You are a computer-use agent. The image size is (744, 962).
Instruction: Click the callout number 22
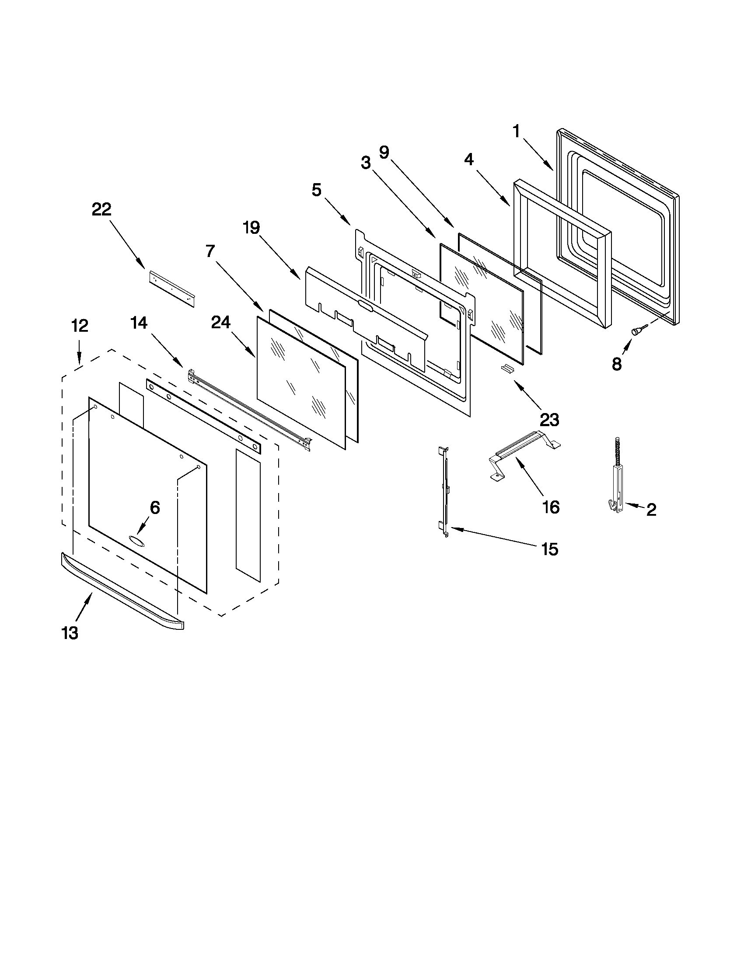pyautogui.click(x=101, y=209)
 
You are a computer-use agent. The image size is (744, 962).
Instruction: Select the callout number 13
pyautogui.click(x=70, y=633)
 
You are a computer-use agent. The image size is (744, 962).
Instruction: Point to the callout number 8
pyautogui.click(x=616, y=364)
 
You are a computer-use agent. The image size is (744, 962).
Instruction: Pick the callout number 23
pyautogui.click(x=550, y=419)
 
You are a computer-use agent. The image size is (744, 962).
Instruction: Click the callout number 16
pyautogui.click(x=551, y=507)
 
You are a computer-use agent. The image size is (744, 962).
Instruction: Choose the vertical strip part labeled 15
pyautogui.click(x=444, y=492)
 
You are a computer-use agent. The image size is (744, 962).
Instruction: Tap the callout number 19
pyautogui.click(x=251, y=228)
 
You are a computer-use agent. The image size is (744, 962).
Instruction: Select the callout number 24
pyautogui.click(x=221, y=323)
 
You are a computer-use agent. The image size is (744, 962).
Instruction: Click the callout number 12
pyautogui.click(x=80, y=326)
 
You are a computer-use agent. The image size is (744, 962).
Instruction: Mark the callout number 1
pyautogui.click(x=516, y=132)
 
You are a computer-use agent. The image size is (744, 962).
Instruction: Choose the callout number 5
pyautogui.click(x=317, y=190)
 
